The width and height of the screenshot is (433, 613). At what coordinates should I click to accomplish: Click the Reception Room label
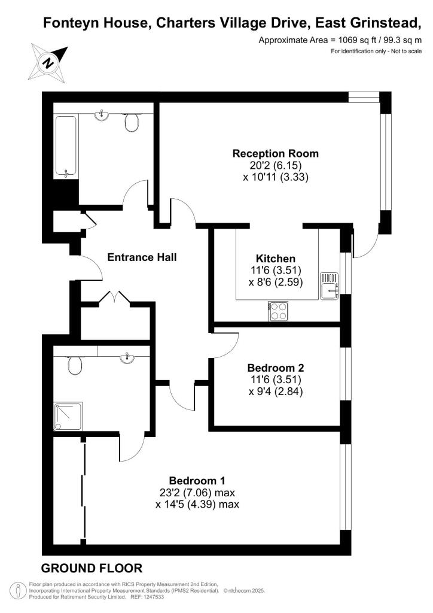[275, 154]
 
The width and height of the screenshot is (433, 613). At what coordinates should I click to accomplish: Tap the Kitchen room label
[276, 259]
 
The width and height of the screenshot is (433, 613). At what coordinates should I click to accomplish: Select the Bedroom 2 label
[276, 368]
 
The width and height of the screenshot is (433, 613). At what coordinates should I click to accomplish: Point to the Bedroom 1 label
[197, 481]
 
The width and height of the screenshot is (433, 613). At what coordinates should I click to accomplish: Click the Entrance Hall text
[142, 257]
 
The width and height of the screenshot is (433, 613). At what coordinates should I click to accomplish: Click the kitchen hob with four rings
[278, 311]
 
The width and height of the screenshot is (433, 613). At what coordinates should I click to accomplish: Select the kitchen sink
[329, 286]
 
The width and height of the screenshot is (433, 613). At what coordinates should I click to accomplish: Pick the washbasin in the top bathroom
[102, 116]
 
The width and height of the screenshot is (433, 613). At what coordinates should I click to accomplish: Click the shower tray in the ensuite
[68, 417]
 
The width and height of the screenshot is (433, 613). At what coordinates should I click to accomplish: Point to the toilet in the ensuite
[75, 365]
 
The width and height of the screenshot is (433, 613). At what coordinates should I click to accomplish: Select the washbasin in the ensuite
[127, 358]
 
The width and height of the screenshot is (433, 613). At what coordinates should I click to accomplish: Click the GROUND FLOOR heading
[92, 569]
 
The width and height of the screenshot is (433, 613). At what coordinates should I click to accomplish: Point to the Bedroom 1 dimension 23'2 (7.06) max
[197, 493]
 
